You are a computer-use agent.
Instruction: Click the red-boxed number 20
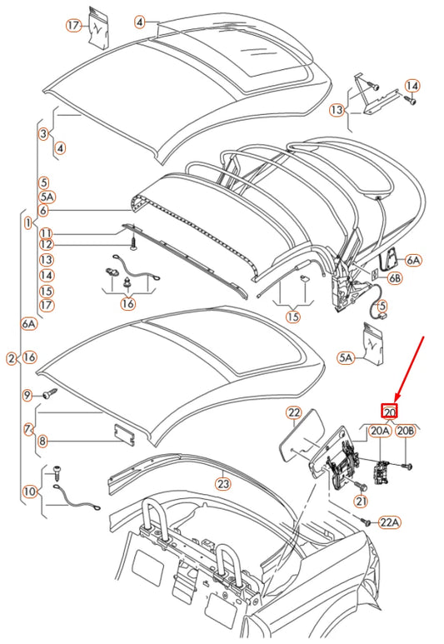[389, 410]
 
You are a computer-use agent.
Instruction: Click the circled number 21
[360, 501]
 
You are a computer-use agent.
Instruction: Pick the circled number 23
[222, 483]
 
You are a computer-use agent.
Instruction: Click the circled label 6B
[394, 278]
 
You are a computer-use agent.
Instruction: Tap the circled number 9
[27, 395]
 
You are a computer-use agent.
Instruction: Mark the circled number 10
[29, 492]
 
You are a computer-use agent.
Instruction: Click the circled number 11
[46, 233]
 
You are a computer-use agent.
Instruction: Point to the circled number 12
[46, 244]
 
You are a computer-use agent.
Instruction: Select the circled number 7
[28, 429]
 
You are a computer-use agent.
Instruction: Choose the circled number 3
[42, 133]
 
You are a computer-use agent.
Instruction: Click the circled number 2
[11, 358]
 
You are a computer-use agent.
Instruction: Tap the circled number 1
[28, 223]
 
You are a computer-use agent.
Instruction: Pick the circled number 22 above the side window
[293, 412]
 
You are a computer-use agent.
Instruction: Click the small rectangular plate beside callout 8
[123, 432]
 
